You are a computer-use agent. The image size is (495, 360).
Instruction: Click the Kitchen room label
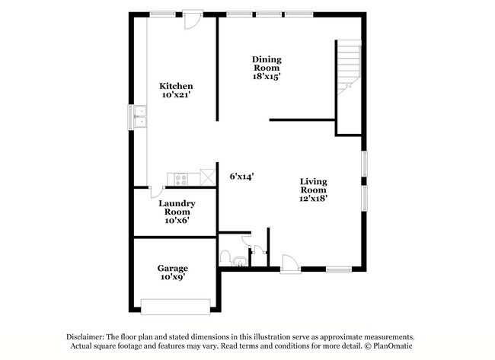click(x=175, y=86)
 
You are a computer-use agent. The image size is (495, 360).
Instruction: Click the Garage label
click(x=173, y=268)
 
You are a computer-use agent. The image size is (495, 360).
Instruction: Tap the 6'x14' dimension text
click(x=241, y=176)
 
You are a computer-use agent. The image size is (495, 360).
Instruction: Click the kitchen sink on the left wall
click(x=140, y=117)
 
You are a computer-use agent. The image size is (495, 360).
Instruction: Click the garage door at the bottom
click(x=176, y=306)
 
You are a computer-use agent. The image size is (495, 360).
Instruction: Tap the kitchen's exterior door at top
click(x=193, y=19)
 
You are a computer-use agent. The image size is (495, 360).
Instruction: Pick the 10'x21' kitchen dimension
click(x=175, y=96)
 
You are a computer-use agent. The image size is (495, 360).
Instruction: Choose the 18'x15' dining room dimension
click(x=267, y=75)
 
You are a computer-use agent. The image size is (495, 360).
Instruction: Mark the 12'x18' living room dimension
click(x=313, y=197)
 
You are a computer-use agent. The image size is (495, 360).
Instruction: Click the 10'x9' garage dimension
click(x=173, y=278)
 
